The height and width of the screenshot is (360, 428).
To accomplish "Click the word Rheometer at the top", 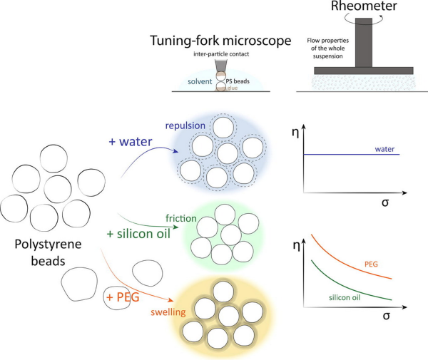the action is [x=364, y=6].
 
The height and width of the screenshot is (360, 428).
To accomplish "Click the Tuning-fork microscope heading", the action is [x=220, y=41].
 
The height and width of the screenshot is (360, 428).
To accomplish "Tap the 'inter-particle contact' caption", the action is [x=221, y=54].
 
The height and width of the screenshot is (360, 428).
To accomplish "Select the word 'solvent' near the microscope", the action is [x=200, y=81].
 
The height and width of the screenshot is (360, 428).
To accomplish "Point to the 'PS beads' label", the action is [x=238, y=81].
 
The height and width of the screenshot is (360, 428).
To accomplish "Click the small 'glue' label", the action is [x=233, y=88].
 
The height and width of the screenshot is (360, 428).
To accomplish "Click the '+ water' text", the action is [x=131, y=142].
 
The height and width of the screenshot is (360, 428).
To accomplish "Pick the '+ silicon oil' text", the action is [x=138, y=234].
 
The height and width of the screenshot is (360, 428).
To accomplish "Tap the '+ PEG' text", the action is [x=123, y=297].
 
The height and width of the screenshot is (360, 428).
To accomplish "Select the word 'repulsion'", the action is [x=185, y=125].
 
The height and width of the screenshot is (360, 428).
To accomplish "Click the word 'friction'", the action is [x=181, y=218].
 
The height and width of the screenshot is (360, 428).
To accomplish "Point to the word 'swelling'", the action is [x=168, y=312].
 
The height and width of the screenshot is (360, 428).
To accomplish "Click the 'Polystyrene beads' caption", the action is [x=48, y=252].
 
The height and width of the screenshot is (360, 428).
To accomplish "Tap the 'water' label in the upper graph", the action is [x=384, y=149].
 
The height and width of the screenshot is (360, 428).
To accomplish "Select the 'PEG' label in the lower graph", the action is [x=371, y=264].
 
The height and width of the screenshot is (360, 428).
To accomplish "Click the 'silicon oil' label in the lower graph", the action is [x=345, y=297].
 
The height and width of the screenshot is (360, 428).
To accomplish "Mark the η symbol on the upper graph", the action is [x=295, y=133].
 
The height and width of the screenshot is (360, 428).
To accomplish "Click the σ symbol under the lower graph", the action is [x=386, y=316].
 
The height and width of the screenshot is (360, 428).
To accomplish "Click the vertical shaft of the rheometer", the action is [x=364, y=43].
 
